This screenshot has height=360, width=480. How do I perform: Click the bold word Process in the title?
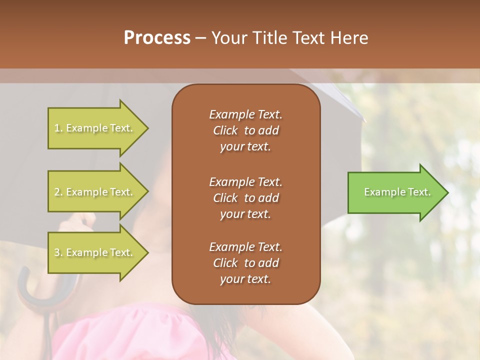[157, 38]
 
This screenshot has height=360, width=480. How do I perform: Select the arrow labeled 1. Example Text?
[95, 128]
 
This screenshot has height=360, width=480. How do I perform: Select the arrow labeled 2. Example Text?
[95, 192]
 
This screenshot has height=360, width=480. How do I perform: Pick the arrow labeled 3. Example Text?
[95, 252]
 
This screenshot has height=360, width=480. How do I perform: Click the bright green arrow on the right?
[395, 192]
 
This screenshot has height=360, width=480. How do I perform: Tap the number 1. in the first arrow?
[58, 128]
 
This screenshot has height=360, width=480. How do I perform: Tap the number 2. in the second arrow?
[58, 192]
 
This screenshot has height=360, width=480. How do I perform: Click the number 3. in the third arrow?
[58, 252]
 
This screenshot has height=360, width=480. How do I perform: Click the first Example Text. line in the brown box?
[245, 114]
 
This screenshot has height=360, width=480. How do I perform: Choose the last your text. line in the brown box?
[245, 279]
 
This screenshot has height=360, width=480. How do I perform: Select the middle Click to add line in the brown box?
[245, 198]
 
